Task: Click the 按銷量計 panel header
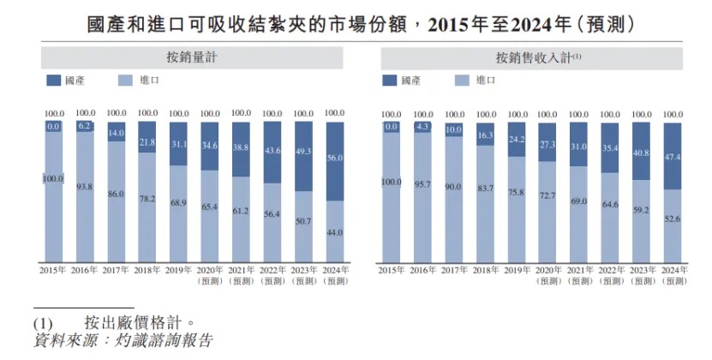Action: pos(193,58)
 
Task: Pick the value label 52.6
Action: pos(673,219)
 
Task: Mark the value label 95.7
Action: pos(422,183)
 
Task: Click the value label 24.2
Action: pos(516,139)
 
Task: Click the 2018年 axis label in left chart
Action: pos(147,270)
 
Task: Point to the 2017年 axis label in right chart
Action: pos(454,270)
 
